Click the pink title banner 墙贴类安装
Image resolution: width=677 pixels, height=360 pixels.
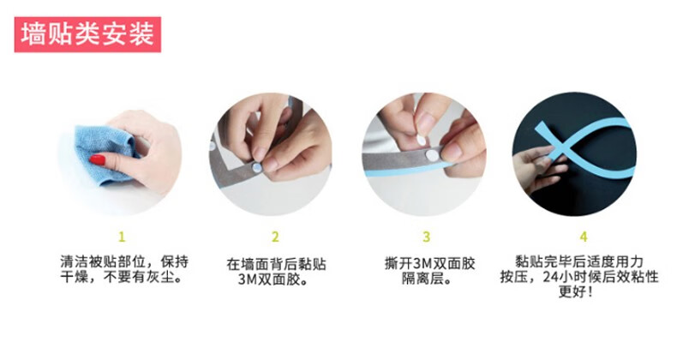tap(87, 34)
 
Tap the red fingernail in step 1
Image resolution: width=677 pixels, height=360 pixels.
tap(98, 160)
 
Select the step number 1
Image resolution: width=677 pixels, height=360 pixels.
tap(122, 237)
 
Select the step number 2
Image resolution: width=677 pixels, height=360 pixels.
tap(275, 237)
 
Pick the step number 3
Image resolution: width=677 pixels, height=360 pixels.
tap(426, 237)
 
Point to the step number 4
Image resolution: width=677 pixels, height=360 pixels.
tap(584, 237)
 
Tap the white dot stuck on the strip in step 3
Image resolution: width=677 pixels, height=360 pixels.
tap(432, 155)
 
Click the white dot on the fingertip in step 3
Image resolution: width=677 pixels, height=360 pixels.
tap(421, 140)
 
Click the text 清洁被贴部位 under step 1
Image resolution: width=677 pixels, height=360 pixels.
tap(103, 262)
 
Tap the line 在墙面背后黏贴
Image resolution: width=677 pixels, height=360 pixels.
tap(276, 264)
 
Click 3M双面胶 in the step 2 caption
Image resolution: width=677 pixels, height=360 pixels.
tap(269, 279)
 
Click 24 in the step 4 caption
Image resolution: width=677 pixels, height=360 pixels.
tap(550, 277)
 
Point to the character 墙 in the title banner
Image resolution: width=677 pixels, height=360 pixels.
tap(33, 34)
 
